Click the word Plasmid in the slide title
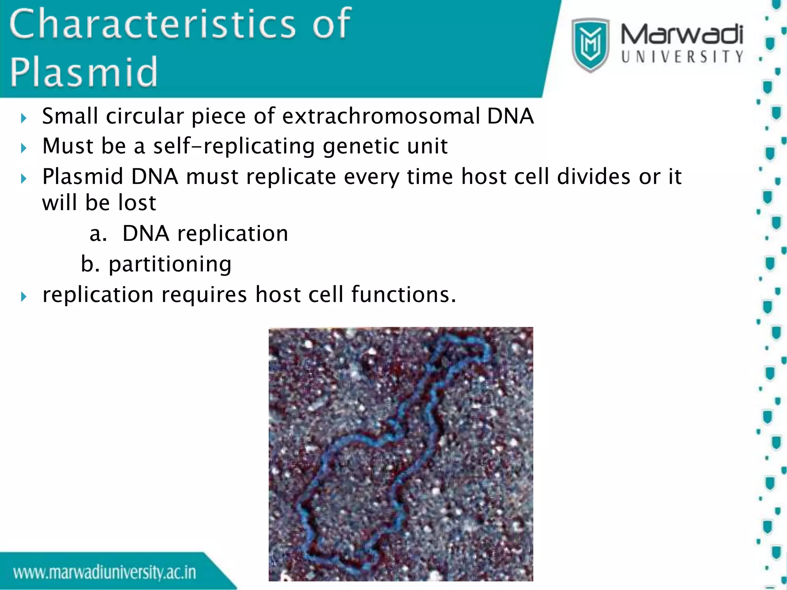tap(84, 72)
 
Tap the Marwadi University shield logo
tap(590, 45)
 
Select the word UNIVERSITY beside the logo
tap(682, 57)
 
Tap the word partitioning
tap(170, 264)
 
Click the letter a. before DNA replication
tap(98, 234)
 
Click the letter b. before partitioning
tap(90, 264)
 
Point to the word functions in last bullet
tap(403, 295)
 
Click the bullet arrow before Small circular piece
tap(24, 118)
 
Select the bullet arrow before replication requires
tap(24, 296)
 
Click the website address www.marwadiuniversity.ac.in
tap(105, 572)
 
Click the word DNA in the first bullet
tap(510, 116)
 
